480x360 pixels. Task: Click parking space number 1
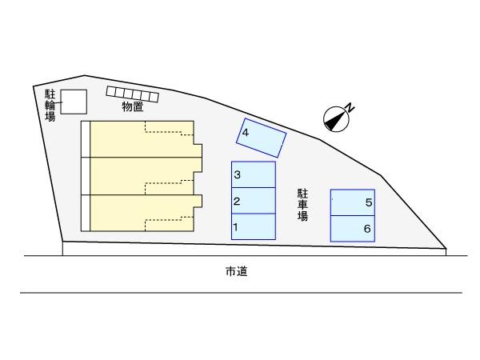(254, 226)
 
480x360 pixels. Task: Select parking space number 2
(254, 201)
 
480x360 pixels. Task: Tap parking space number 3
(254, 174)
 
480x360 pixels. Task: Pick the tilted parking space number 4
(261, 138)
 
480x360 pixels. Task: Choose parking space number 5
(353, 202)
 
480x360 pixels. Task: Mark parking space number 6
(353, 229)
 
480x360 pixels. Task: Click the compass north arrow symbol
(336, 119)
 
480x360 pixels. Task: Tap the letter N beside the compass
(350, 107)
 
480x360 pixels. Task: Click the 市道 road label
(236, 271)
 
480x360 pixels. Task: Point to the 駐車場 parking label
(302, 205)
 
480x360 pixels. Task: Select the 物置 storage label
(133, 106)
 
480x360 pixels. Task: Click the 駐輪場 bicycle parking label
(50, 106)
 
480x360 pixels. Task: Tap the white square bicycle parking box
(74, 102)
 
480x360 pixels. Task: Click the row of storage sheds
(133, 94)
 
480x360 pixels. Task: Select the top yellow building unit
(142, 139)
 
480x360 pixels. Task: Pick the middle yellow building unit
(142, 176)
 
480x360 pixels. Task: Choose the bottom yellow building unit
(142, 213)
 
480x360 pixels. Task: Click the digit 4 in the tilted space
(246, 133)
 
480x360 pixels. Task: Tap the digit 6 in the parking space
(367, 229)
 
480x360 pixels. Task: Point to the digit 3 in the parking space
(238, 174)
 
